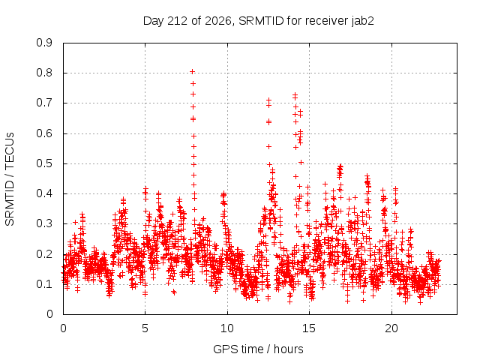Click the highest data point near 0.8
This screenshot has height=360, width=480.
192,72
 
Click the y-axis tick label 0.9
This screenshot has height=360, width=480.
44,43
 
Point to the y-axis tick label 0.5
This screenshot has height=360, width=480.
44,163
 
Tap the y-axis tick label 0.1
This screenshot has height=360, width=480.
44,284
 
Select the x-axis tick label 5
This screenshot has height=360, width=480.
145,328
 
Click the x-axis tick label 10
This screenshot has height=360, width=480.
227,328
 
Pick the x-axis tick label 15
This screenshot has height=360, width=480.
309,328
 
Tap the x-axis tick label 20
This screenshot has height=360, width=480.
391,328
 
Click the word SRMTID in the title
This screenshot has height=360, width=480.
261,21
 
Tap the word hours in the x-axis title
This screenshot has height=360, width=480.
288,349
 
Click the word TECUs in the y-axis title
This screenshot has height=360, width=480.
10,151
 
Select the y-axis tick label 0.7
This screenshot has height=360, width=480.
44,103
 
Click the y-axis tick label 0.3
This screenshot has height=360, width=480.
44,223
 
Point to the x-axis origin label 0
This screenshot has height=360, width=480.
63,328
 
